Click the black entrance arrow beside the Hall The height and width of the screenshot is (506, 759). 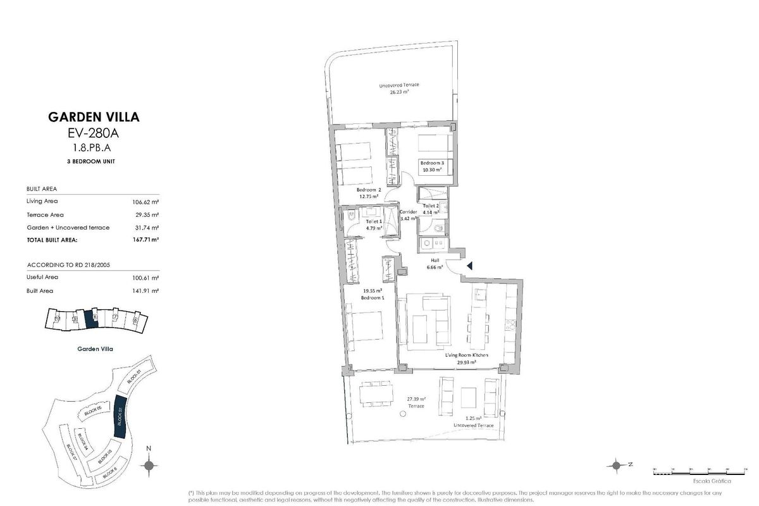469,267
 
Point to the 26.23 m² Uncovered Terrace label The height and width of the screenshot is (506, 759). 399,89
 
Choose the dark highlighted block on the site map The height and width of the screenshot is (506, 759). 120,417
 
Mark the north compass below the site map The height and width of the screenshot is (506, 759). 149,467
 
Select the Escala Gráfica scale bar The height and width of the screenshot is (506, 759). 691,471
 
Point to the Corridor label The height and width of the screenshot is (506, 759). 408,214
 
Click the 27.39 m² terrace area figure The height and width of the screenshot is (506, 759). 416,399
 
